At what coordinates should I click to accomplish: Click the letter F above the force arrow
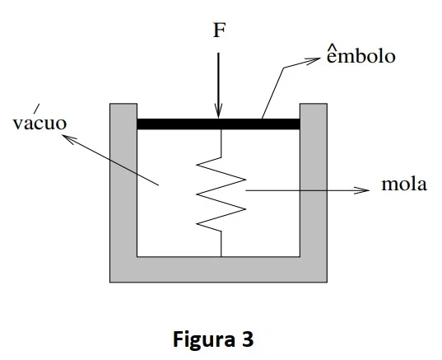[x=220, y=30]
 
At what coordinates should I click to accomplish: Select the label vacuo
[x=40, y=123]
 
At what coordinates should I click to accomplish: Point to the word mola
[x=404, y=184]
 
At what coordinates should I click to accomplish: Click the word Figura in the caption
[x=204, y=340]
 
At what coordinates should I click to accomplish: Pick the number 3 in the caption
[x=248, y=339]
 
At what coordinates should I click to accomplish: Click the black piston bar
[x=218, y=124]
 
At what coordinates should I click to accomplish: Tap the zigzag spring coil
[x=221, y=194]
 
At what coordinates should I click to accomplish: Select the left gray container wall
[x=123, y=180]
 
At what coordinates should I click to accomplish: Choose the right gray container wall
[x=314, y=180]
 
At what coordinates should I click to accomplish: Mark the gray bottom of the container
[x=218, y=269]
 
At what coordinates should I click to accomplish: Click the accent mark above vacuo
[x=37, y=109]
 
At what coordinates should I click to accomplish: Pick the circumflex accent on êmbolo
[x=333, y=48]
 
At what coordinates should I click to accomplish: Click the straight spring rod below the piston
[x=221, y=143]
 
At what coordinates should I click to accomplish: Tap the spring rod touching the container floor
[x=221, y=244]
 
